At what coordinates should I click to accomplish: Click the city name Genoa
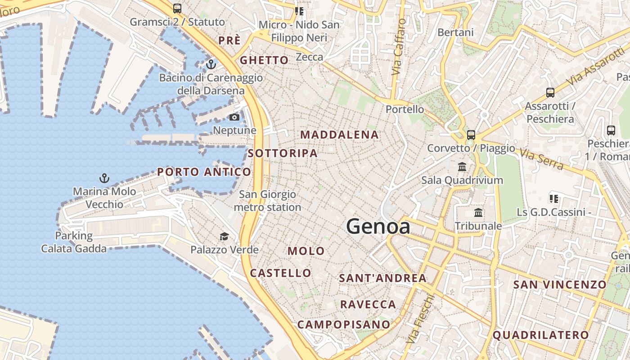(378, 226)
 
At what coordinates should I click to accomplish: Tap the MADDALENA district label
(340, 135)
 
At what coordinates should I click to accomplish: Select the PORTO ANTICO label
(204, 172)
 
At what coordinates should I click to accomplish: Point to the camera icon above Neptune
(234, 117)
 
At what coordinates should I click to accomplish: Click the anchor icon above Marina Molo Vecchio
(104, 178)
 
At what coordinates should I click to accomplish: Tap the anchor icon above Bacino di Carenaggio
(211, 64)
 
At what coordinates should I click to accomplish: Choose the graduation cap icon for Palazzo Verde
(224, 236)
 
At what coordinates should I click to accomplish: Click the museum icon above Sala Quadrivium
(462, 167)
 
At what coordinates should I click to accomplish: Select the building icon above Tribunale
(478, 212)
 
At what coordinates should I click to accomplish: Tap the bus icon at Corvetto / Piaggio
(471, 135)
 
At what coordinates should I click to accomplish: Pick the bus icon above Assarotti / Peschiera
(550, 93)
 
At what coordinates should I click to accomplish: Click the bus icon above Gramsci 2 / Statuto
(177, 8)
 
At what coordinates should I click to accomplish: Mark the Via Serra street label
(541, 159)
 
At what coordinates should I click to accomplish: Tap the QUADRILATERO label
(540, 335)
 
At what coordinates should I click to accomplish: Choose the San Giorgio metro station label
(267, 201)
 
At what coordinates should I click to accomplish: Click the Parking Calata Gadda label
(74, 242)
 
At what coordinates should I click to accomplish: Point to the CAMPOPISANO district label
(344, 324)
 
